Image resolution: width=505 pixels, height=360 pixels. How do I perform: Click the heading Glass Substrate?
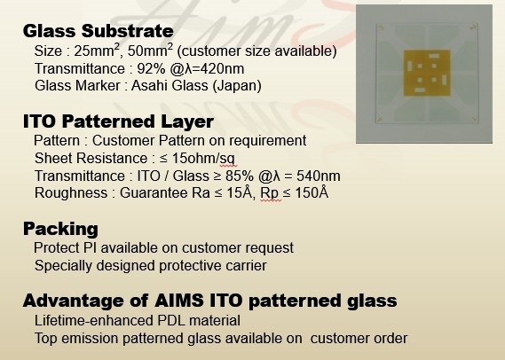[99, 31]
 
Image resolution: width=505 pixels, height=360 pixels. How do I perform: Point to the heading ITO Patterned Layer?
[118, 121]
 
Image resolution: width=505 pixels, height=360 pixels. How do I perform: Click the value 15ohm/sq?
[203, 159]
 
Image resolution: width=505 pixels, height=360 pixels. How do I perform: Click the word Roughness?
[71, 193]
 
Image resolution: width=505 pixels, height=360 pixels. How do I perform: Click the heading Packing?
[60, 229]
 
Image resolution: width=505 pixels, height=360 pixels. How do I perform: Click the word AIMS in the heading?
[179, 301]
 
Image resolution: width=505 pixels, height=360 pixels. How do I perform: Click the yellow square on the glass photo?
[427, 73]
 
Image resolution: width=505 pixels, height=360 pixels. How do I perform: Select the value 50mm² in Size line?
[150, 51]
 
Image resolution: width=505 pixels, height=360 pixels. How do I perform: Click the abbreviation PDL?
[171, 320]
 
